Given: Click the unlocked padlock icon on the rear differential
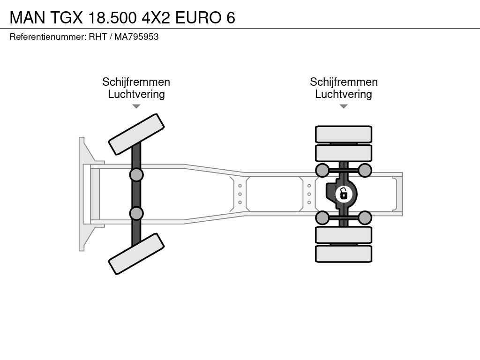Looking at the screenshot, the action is pyautogui.click(x=344, y=194).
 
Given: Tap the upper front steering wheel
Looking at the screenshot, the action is pyautogui.click(x=136, y=135).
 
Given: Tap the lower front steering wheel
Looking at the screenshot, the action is pyautogui.click(x=136, y=254).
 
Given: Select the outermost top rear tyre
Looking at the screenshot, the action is pyautogui.click(x=344, y=134).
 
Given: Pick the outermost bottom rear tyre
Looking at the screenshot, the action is pyautogui.click(x=344, y=254).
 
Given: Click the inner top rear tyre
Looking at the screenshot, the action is pyautogui.click(x=344, y=153).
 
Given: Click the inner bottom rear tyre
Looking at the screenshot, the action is pyautogui.click(x=344, y=235).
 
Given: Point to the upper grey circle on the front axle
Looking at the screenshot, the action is pyautogui.click(x=136, y=175).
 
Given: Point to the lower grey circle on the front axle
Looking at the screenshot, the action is pyautogui.click(x=136, y=213).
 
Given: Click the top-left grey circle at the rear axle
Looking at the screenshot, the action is pyautogui.click(x=322, y=170).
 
